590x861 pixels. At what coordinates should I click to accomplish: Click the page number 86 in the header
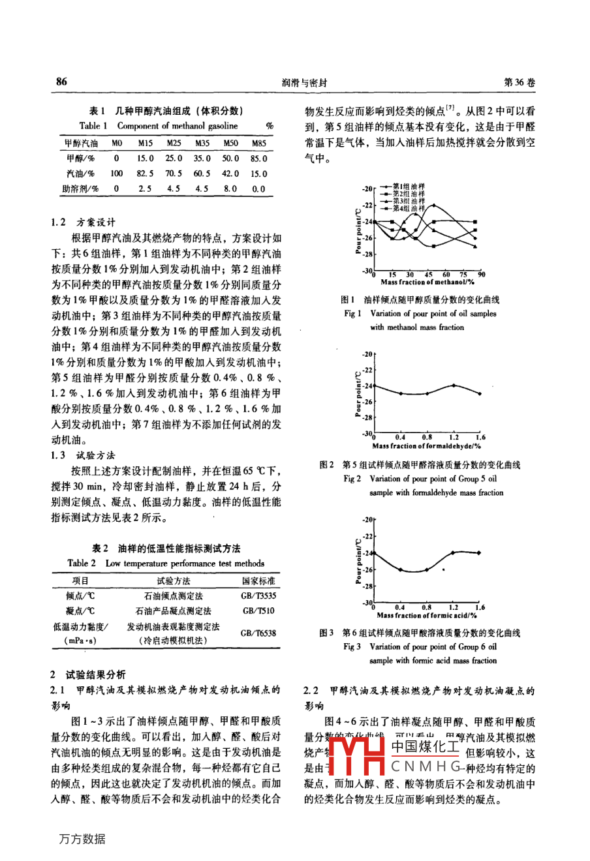pos(61,82)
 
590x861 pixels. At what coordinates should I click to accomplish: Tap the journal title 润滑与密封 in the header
pos(304,83)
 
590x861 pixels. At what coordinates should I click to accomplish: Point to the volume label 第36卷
pos(520,83)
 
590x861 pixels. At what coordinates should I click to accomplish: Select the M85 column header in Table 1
pos(259,143)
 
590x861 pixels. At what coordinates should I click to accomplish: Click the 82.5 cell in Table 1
pos(146,174)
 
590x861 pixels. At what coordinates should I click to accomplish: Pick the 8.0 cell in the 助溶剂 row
pos(230,189)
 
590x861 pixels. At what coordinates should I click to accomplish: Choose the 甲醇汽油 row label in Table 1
pos(81,143)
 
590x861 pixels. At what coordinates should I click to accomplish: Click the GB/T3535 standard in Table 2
pos(258,596)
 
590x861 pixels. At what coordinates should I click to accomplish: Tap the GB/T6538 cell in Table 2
pos(258,633)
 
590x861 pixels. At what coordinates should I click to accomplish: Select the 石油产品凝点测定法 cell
pos(173,611)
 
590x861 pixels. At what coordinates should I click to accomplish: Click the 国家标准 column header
pos(258,581)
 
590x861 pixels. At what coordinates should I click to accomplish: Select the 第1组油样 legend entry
pos(408,186)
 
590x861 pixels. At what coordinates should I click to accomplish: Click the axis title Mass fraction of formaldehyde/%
pos(426,446)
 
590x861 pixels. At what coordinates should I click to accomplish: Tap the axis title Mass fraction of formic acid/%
pos(427,615)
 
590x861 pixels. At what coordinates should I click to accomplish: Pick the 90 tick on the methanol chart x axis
pos(481,275)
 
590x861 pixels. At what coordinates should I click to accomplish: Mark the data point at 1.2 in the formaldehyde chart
pos(454,385)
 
